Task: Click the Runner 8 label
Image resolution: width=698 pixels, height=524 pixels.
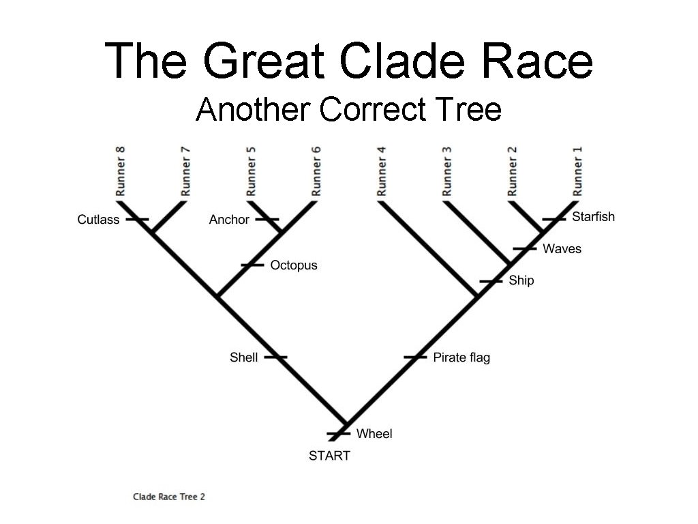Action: [121, 171]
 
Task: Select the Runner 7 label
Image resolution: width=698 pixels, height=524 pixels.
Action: [185, 171]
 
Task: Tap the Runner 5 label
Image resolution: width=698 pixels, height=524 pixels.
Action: [252, 171]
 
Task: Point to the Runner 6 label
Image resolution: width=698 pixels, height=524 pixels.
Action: [316, 171]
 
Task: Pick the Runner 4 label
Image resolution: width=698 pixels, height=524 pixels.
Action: [382, 171]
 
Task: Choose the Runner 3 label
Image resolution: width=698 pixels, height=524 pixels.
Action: [447, 171]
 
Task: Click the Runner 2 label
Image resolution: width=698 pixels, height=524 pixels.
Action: [513, 171]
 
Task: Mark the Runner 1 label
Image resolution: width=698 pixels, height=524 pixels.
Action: [578, 171]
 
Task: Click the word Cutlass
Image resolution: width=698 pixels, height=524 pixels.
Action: [98, 220]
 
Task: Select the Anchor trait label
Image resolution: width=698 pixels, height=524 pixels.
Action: [229, 220]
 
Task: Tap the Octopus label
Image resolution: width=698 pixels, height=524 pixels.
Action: [294, 265]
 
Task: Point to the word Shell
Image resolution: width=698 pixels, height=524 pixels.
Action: [243, 358]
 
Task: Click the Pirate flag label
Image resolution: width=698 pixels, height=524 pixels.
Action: [461, 358]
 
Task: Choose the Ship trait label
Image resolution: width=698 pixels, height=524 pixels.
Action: [521, 280]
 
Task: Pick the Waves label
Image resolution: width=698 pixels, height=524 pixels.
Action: [562, 249]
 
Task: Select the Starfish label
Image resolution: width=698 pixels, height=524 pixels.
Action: [593, 217]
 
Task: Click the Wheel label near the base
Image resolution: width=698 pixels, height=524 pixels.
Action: [374, 434]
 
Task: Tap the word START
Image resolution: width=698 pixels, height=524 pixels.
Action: [329, 456]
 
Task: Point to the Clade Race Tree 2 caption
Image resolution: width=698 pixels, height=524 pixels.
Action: [169, 497]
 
